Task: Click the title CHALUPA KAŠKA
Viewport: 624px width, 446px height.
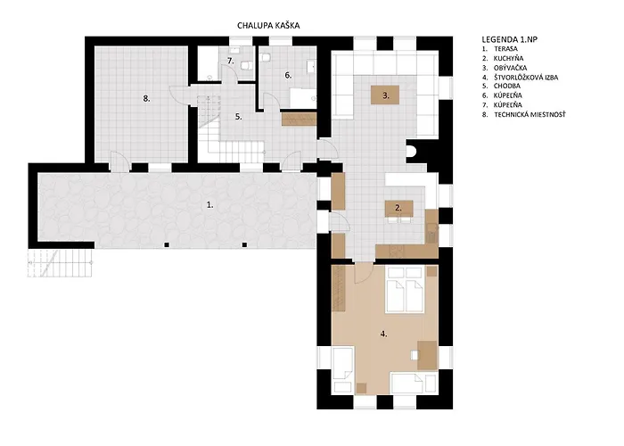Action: point(268,26)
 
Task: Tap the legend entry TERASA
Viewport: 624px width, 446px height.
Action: point(505,49)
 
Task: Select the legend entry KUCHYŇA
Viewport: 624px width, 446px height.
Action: point(509,59)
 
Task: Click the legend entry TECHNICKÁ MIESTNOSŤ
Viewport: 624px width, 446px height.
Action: point(530,115)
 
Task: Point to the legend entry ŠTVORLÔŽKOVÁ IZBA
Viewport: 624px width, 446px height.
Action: point(526,78)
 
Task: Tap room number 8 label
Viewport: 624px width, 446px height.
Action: point(146,98)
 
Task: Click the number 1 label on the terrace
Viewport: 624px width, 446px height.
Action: point(209,205)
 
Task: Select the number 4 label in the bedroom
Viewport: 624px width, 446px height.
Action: point(383,334)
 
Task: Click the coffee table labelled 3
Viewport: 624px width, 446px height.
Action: point(385,95)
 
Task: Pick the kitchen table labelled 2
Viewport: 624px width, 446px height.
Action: point(398,209)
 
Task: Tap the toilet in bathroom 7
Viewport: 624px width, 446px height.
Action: point(248,65)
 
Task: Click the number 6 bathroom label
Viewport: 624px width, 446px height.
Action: point(288,75)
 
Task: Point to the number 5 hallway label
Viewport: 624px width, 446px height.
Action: point(238,117)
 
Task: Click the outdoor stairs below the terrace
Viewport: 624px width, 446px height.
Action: point(60,263)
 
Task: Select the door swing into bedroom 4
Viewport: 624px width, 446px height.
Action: point(364,273)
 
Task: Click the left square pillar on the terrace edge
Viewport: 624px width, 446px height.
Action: point(167,245)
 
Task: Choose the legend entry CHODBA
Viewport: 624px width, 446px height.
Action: point(507,86)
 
